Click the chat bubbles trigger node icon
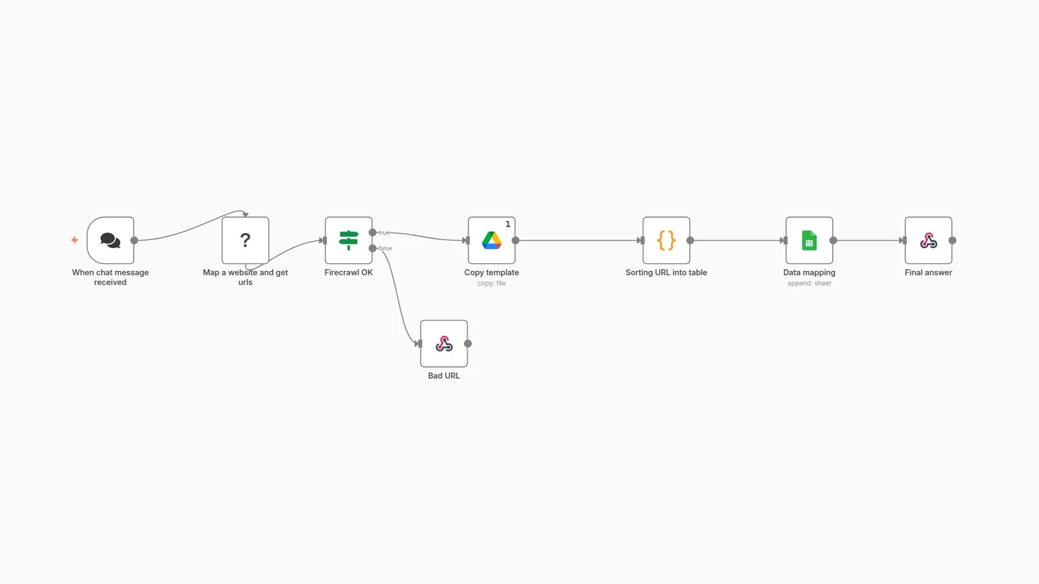coord(110,240)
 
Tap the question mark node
coord(245,240)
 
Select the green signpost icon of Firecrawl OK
coord(348,240)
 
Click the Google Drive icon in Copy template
coord(491,240)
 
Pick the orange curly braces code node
coord(666,240)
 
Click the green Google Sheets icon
coord(809,240)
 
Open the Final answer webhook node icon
coord(929,240)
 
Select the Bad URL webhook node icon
coord(444,343)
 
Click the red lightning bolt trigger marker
coord(75,240)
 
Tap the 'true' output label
coord(384,233)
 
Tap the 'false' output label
coord(385,248)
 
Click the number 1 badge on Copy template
coord(508,224)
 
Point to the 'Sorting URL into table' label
coord(666,273)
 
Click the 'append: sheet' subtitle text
coord(809,283)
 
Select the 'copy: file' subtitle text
coord(491,283)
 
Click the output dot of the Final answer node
coord(952,240)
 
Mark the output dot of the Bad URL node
coord(468,343)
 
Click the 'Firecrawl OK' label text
coord(348,273)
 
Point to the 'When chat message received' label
coord(110,277)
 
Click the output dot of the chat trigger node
coord(134,240)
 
